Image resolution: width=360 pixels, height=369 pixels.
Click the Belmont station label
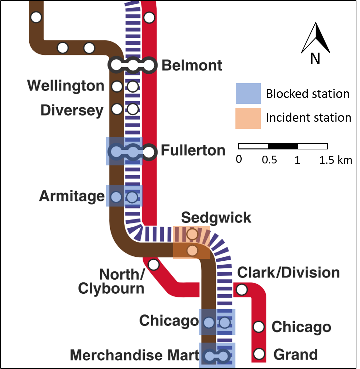[192, 65]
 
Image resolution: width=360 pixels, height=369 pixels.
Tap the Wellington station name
[66, 86]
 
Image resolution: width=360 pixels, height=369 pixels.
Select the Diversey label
[72, 110]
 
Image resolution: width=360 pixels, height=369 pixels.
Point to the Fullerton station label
[193, 150]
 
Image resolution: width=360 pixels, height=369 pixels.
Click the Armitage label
[72, 196]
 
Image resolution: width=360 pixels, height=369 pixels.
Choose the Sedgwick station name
[216, 218]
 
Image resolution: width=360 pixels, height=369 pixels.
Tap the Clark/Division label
[288, 272]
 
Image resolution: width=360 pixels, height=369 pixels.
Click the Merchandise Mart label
[134, 355]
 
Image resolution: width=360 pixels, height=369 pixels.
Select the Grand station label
[295, 354]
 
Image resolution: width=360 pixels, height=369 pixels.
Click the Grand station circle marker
[259, 354]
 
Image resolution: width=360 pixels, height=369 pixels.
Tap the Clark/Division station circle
[242, 289]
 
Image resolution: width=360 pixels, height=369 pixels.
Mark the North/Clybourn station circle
[154, 265]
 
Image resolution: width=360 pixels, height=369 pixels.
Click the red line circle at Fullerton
[149, 152]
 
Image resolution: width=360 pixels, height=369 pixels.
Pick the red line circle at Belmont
[149, 65]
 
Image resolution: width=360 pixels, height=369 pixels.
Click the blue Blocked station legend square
[248, 93]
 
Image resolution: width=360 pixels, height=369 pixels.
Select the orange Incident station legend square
[248, 118]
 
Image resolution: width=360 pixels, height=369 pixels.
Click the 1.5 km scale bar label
[336, 160]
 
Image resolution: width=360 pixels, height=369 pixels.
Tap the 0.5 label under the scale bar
[269, 160]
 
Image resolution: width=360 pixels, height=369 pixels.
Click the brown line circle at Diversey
[117, 109]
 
